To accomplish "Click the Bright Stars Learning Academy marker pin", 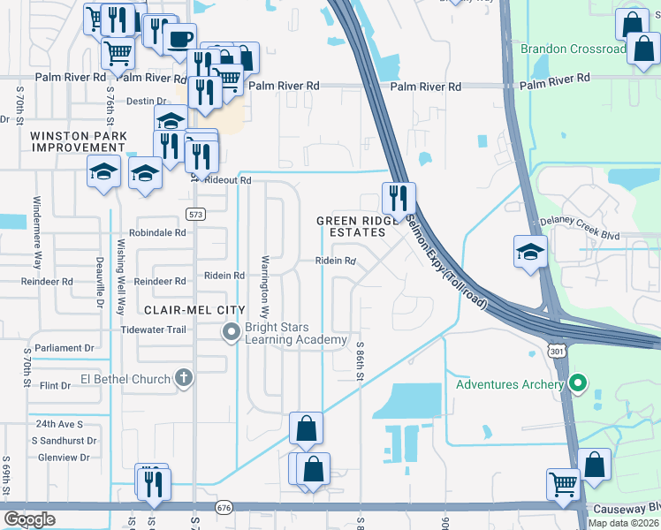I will (231, 332).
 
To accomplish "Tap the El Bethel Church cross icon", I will (184, 379).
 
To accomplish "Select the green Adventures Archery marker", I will (578, 384).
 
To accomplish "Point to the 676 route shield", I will (224, 507).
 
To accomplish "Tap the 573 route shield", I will (196, 214).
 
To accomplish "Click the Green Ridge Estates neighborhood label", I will (352, 226).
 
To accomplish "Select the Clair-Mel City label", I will (184, 310).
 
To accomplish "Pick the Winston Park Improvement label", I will (79, 141).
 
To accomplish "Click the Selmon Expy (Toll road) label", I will (447, 263).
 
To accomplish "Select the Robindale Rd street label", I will (157, 233).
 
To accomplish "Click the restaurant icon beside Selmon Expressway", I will (399, 197).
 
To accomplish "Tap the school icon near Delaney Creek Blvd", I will (530, 252).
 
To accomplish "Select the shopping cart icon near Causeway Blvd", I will (563, 483).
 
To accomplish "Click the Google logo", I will (30, 519).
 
